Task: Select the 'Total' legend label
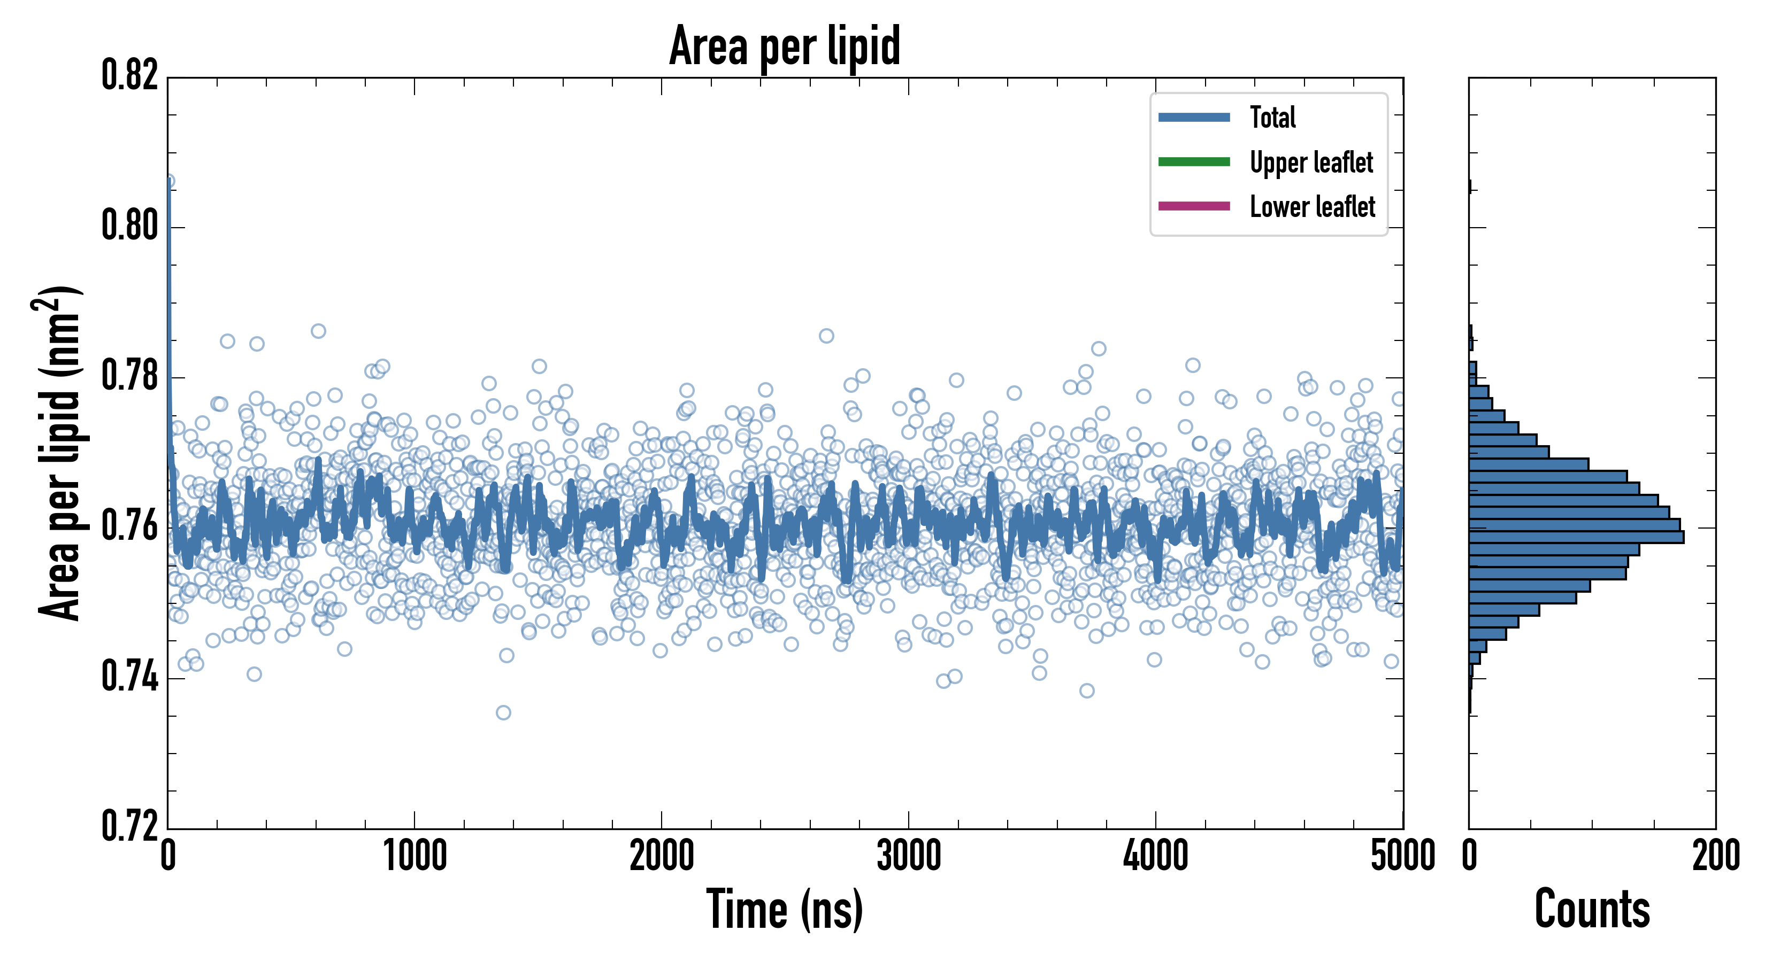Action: click(1272, 117)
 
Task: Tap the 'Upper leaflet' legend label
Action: click(1311, 162)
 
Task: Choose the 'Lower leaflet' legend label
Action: click(1312, 207)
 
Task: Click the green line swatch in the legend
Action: click(1194, 161)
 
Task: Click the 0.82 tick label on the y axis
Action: click(129, 75)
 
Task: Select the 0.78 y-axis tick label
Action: click(129, 375)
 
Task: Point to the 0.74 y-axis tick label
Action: click(129, 677)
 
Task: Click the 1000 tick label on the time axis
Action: click(415, 856)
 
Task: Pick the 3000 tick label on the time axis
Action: click(909, 856)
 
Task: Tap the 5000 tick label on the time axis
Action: click(1402, 856)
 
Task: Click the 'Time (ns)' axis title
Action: click(785, 909)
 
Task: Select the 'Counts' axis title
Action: click(1592, 909)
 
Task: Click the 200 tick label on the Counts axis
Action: click(1715, 856)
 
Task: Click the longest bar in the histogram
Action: click(1576, 537)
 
